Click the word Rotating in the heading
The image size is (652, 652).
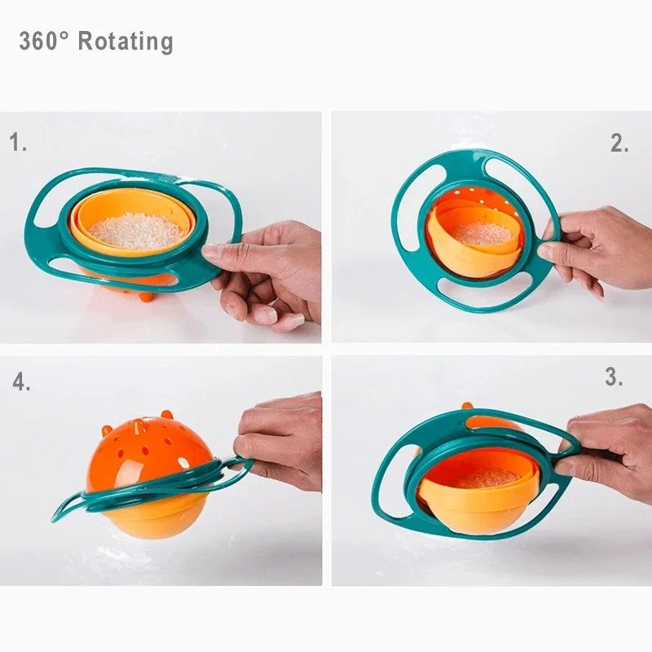(126, 42)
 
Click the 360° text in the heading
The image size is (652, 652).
(45, 42)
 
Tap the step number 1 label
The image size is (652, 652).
(18, 143)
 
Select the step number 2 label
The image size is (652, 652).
(619, 144)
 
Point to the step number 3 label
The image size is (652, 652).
(614, 377)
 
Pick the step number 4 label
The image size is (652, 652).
(21, 381)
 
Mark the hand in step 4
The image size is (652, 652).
(281, 440)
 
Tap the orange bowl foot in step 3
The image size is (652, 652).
(468, 406)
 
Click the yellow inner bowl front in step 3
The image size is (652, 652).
(481, 509)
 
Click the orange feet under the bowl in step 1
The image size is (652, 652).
(145, 296)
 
